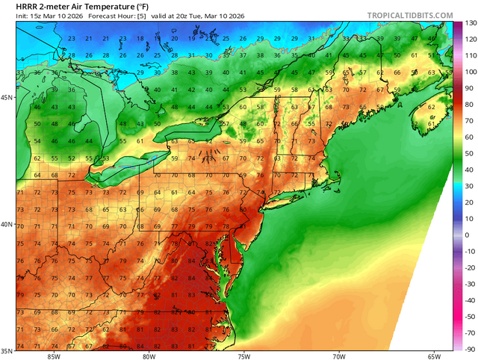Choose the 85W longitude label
pyautogui.click(x=52, y=356)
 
